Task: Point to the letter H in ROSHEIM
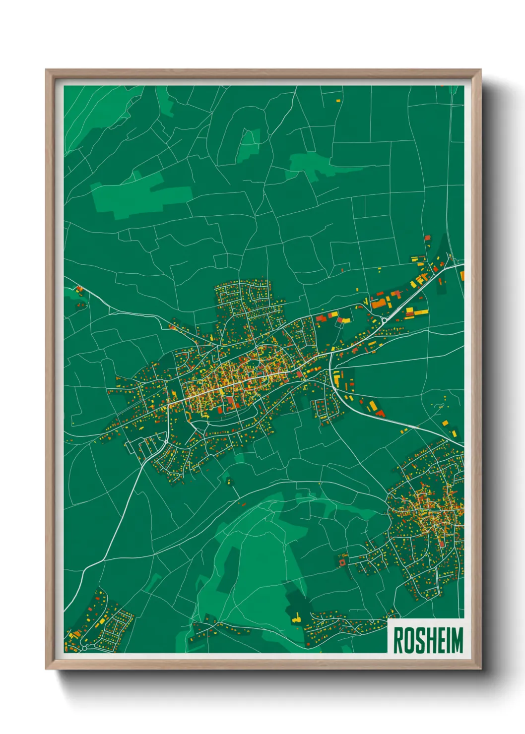click(430, 640)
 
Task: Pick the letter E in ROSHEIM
click(440, 640)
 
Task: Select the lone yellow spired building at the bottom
click(296, 618)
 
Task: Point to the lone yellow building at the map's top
click(338, 100)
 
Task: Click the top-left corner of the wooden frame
click(47, 70)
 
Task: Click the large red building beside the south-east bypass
click(380, 413)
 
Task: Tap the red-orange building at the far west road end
click(79, 289)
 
